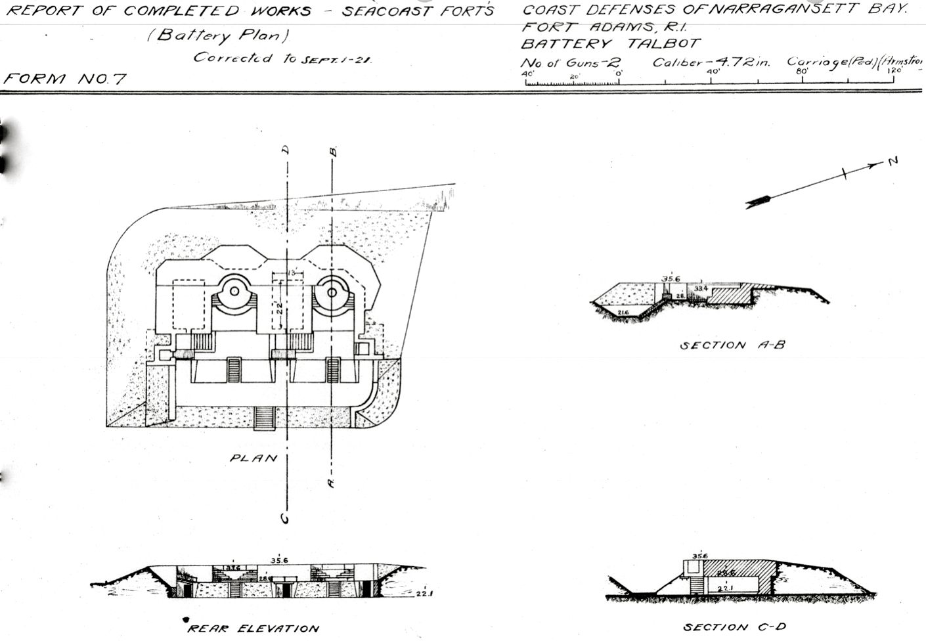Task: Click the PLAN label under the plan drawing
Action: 254,458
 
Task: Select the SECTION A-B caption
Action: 732,345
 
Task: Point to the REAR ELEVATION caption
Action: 253,629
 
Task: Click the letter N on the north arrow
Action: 892,160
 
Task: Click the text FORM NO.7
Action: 64,79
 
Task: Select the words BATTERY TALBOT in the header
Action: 611,44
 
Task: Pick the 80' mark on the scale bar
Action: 801,72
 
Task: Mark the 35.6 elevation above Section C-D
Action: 699,556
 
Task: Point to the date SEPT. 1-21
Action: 337,59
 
